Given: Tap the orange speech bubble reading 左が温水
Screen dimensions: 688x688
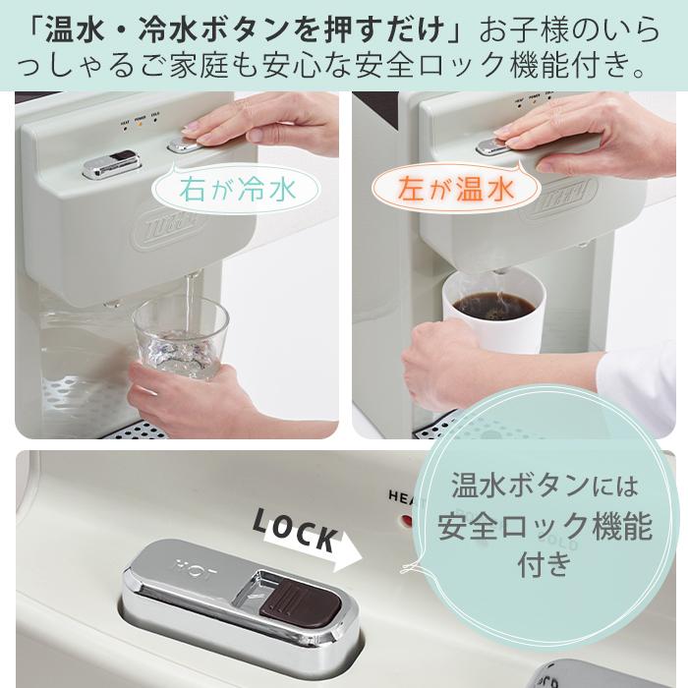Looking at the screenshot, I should click(457, 188).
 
